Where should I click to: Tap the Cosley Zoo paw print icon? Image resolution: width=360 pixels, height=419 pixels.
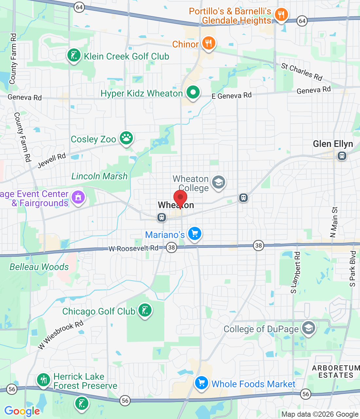click(x=126, y=138)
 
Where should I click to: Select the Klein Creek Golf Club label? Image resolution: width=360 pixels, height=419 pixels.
click(x=126, y=56)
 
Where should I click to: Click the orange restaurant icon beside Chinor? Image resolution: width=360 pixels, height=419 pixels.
click(x=208, y=43)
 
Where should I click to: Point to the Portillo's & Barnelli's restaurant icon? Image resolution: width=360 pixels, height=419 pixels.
click(x=281, y=15)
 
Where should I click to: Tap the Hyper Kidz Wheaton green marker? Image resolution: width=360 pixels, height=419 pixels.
click(x=193, y=92)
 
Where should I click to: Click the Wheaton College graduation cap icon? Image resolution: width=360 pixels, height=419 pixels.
click(x=219, y=182)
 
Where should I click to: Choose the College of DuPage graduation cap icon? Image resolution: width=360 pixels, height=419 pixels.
click(x=308, y=328)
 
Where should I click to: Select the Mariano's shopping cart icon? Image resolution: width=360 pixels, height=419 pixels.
click(x=195, y=234)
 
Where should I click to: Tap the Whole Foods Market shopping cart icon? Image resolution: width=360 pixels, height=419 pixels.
click(x=202, y=383)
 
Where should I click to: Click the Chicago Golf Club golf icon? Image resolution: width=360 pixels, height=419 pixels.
click(x=145, y=310)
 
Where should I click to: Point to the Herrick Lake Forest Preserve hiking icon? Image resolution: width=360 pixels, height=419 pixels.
click(x=44, y=380)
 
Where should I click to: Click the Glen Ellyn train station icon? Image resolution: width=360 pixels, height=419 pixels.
click(x=342, y=156)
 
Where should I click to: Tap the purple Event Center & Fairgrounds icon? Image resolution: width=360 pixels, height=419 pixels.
click(x=78, y=197)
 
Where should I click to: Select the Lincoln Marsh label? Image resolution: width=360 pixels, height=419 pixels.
click(x=99, y=176)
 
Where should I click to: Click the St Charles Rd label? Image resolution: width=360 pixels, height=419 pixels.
click(x=302, y=71)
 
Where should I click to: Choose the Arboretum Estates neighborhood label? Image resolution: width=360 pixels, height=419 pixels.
click(x=336, y=372)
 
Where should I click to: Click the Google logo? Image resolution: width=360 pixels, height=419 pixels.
click(x=22, y=411)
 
